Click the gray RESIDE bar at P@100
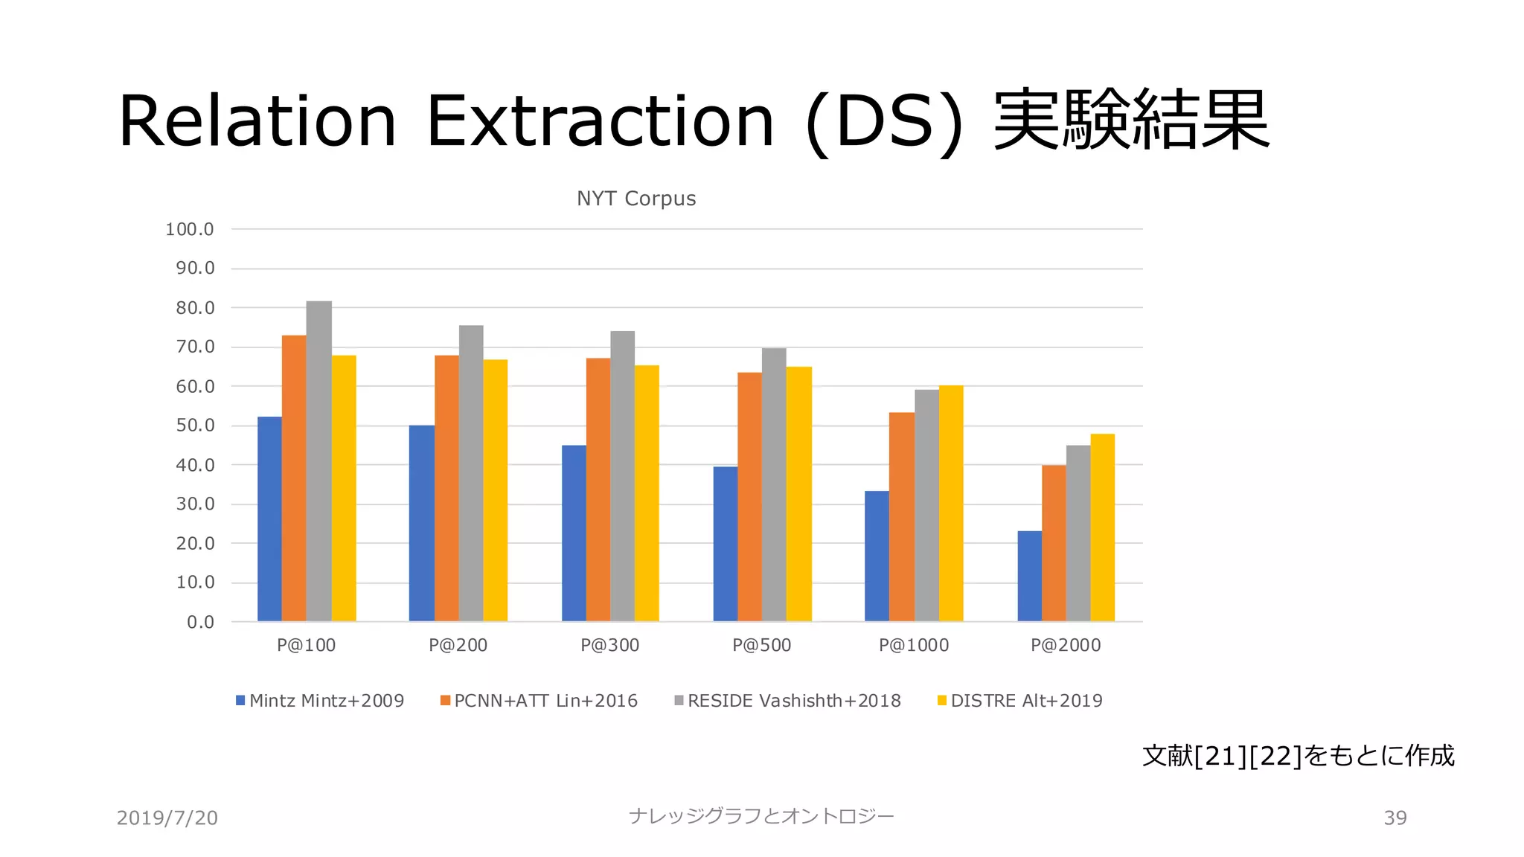point(318,461)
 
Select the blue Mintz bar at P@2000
point(1029,577)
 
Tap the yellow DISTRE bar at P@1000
point(951,504)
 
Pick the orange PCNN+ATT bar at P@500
point(749,497)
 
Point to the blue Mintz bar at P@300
point(574,533)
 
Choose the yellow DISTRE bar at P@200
point(495,491)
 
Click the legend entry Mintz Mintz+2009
point(320,701)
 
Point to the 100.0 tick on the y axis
point(190,230)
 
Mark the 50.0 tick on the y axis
point(195,426)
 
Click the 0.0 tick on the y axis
point(200,623)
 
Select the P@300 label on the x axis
point(610,646)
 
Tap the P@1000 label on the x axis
point(914,646)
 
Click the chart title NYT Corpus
point(636,199)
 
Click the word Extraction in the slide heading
point(600,121)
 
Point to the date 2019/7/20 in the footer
point(167,818)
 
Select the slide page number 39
point(1395,818)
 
